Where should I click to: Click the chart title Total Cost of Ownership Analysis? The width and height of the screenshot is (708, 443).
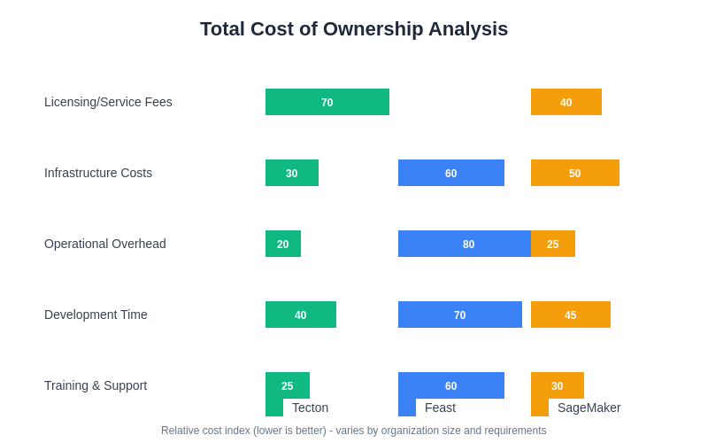(x=354, y=29)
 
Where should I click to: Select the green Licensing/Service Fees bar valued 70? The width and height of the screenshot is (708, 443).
(x=327, y=102)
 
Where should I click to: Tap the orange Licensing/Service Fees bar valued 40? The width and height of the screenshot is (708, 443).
(x=566, y=102)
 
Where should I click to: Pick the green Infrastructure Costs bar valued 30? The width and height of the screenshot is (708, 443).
(x=292, y=173)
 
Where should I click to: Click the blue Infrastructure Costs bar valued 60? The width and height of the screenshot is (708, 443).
(x=451, y=173)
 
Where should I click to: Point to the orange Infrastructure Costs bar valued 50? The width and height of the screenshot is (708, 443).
(x=575, y=173)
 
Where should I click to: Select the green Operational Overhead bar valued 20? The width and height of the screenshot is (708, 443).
(x=283, y=244)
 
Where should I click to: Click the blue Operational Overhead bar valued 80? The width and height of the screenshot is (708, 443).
(x=465, y=244)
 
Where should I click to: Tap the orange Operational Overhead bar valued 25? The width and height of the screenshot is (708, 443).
(x=553, y=244)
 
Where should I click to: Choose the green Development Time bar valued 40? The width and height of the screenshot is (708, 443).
(x=301, y=315)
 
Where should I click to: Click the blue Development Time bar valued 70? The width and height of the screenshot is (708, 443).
(x=460, y=315)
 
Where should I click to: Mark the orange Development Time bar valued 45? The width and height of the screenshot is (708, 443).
(x=571, y=315)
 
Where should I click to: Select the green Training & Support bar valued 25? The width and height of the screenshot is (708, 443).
(x=288, y=385)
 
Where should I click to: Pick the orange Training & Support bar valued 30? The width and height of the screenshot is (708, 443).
(x=558, y=385)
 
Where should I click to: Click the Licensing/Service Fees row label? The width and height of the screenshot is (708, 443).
(x=108, y=102)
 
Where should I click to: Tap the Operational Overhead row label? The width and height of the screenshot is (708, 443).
(x=105, y=244)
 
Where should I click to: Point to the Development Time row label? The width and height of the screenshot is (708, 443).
(x=96, y=315)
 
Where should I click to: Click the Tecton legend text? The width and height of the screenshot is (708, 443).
(x=310, y=408)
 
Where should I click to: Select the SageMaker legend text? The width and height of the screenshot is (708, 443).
(x=589, y=408)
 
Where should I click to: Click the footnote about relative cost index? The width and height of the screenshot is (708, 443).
(x=354, y=431)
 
